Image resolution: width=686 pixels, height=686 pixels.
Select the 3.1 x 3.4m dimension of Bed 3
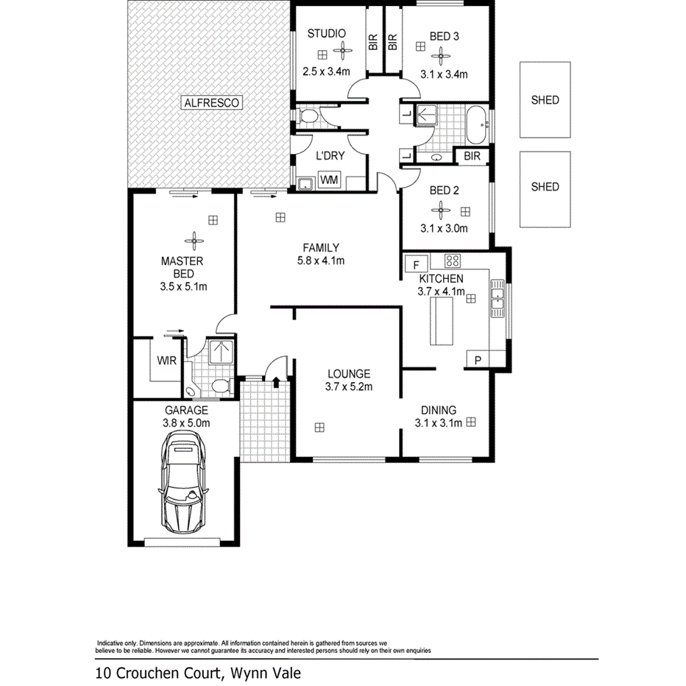point(444,74)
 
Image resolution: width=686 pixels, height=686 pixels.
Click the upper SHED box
point(545,100)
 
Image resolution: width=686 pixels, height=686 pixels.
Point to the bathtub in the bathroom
point(477,125)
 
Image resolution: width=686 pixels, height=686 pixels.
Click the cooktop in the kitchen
point(452,260)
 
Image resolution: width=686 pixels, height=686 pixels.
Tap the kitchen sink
point(498,297)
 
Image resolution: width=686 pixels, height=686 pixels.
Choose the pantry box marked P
point(478,360)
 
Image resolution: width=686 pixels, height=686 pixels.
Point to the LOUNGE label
point(348,374)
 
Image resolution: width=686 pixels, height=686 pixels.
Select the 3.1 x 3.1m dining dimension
point(438,422)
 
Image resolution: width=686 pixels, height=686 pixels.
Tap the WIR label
point(165,361)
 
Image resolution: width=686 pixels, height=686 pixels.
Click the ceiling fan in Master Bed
point(194,238)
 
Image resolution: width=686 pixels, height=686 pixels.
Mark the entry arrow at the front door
point(275,382)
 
